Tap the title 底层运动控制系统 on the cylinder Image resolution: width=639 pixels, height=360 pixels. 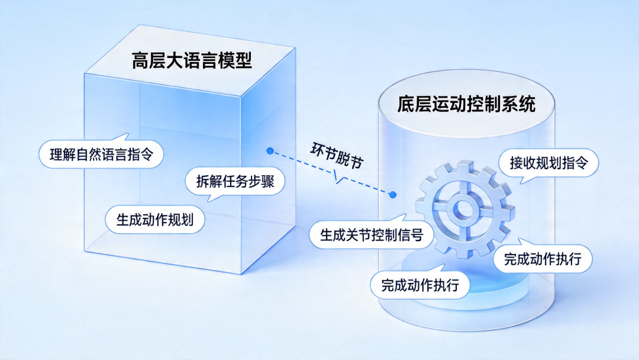click(x=467, y=105)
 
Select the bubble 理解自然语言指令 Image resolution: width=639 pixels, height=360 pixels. click(x=101, y=156)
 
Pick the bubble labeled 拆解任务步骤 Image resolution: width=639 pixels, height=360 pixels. click(x=235, y=182)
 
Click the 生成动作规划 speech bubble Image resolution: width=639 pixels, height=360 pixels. click(x=156, y=220)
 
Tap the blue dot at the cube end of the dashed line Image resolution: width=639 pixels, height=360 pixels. click(x=270, y=151)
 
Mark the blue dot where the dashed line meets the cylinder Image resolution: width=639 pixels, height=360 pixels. click(x=393, y=194)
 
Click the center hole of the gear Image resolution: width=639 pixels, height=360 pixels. click(x=463, y=209)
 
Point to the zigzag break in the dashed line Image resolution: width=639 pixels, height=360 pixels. click(x=338, y=175)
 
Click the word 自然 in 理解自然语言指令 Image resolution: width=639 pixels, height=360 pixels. click(x=88, y=156)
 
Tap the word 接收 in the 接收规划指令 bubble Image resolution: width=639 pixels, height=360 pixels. click(x=522, y=163)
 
